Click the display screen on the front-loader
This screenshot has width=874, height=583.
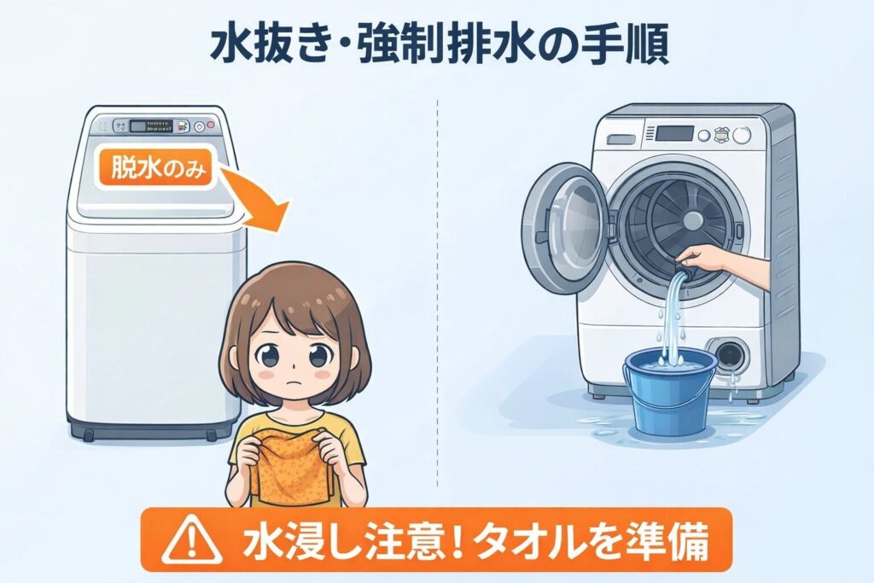click(673, 133)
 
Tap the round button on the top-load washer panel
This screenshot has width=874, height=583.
click(200, 127)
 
